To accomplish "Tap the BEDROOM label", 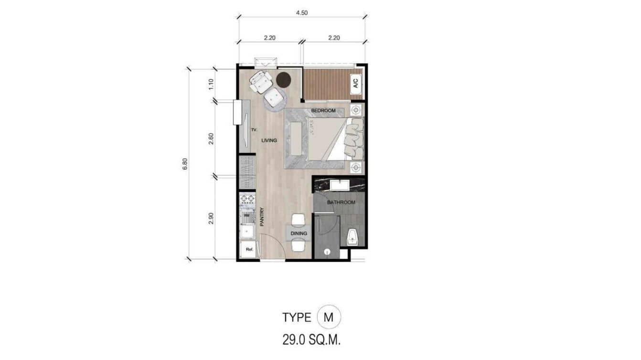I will click(323, 111).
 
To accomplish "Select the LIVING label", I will click(269, 140).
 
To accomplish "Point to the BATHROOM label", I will click(341, 202).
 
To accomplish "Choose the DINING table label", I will click(299, 233).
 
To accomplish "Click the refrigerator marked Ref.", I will click(248, 249).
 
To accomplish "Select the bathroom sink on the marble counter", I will click(340, 185).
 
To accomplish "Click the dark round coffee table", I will click(283, 80).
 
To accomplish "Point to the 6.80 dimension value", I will click(185, 164).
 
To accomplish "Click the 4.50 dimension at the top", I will click(302, 13).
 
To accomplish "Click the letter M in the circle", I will click(329, 317).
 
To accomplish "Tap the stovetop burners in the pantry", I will click(247, 199).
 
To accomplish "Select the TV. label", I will click(254, 130).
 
